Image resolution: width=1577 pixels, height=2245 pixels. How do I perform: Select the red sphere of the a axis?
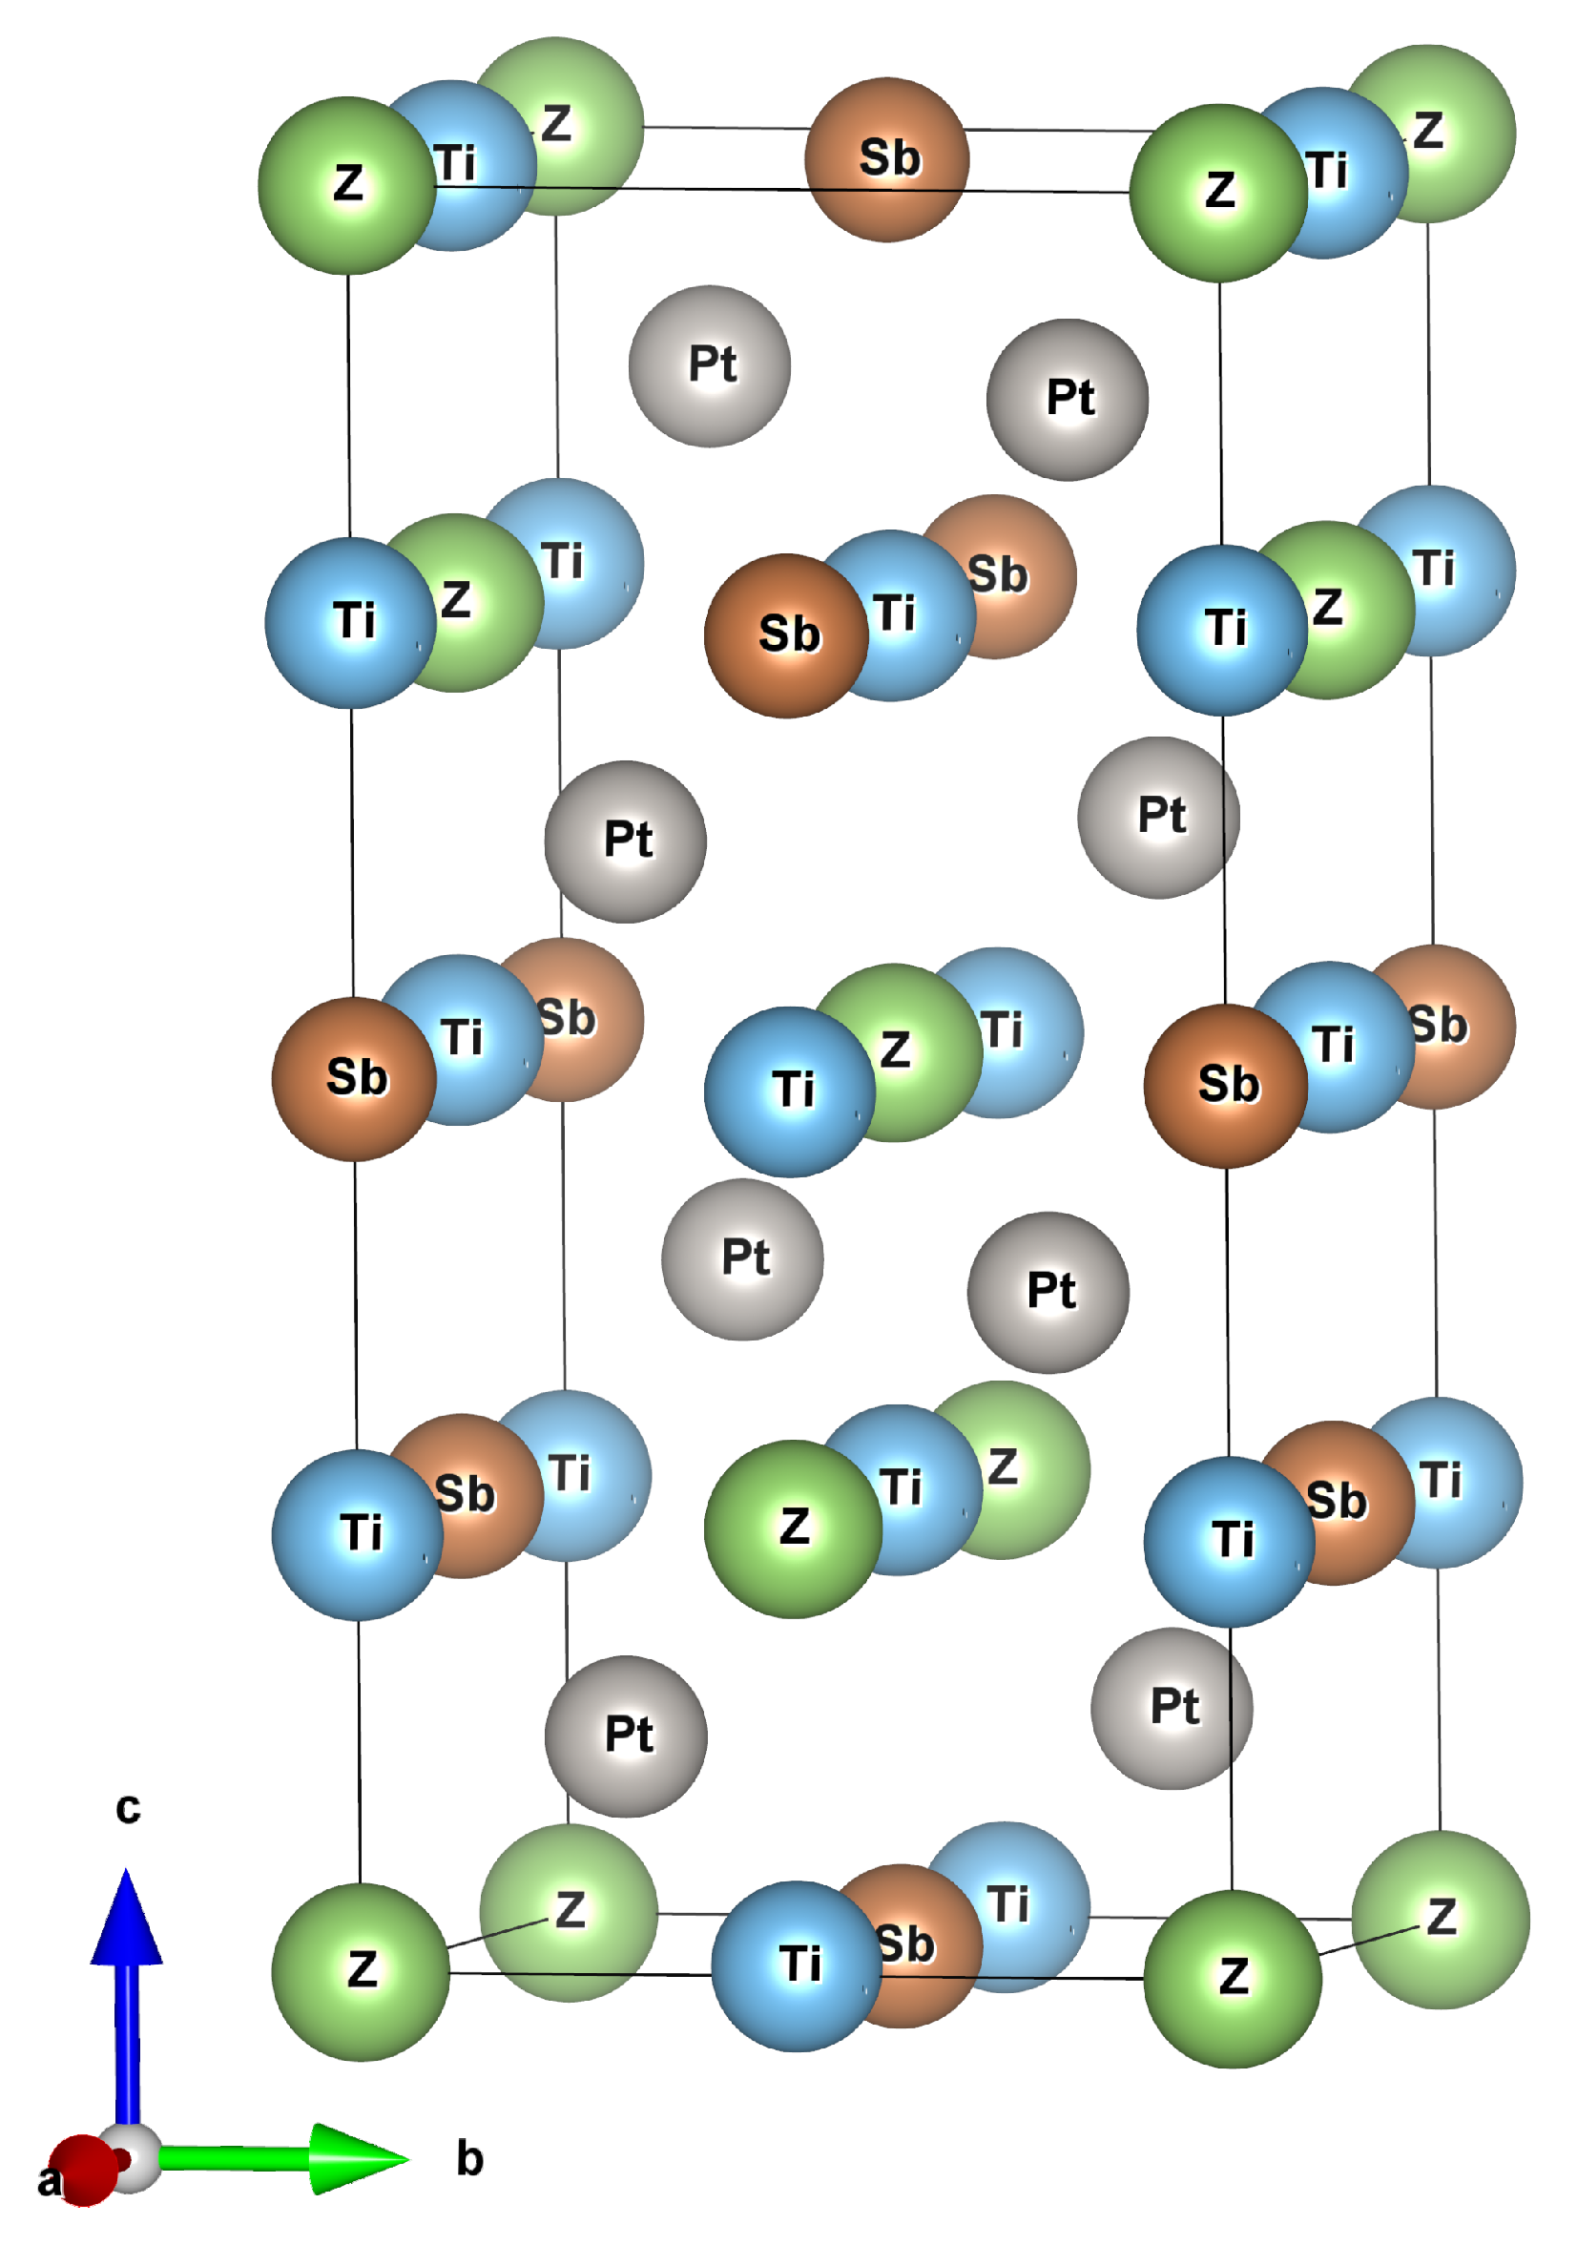[82, 2171]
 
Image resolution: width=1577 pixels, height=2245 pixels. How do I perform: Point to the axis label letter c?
[128, 1808]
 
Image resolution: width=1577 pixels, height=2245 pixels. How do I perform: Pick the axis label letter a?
[47, 2181]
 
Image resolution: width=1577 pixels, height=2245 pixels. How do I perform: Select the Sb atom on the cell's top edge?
[886, 159]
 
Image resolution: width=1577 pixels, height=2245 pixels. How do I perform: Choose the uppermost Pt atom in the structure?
[710, 365]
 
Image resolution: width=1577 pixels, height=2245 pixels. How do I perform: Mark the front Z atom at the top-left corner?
[347, 185]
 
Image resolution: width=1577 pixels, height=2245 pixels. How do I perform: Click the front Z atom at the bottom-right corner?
[1232, 1978]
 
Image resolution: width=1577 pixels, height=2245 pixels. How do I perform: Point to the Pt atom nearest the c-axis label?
[626, 1736]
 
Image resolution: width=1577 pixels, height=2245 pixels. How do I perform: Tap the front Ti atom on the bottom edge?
[796, 1965]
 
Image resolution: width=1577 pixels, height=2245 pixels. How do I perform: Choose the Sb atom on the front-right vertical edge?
[1226, 1086]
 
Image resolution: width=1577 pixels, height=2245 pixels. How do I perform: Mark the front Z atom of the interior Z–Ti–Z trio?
[793, 1528]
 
